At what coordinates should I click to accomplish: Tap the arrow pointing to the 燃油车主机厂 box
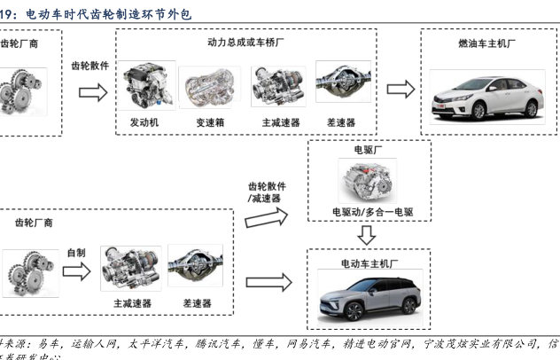[x=401, y=90]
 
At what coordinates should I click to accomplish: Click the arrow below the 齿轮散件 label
[x=93, y=90]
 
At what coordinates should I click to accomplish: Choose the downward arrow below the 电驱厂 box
[x=368, y=235]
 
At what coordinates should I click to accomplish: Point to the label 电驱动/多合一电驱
[x=368, y=213]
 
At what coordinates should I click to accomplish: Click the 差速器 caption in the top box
[x=340, y=122]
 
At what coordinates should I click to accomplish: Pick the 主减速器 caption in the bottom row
[x=132, y=303]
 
